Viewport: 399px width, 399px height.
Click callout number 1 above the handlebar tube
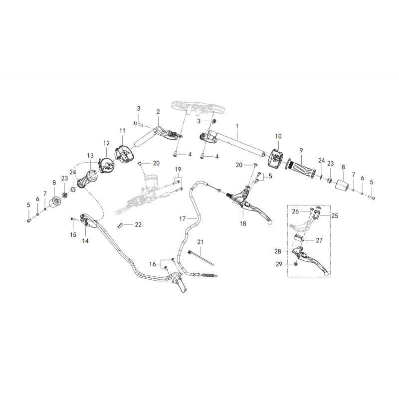pos(237,126)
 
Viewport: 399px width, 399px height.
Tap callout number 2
pos(158,112)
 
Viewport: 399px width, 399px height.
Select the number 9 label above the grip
pos(301,151)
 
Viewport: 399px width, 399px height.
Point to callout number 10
pos(278,136)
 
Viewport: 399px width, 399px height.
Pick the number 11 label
pos(122,131)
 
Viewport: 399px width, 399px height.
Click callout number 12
pos(106,143)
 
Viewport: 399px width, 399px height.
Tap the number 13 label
pos(90,156)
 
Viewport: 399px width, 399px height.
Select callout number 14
pos(85,240)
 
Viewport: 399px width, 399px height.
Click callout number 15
pos(73,234)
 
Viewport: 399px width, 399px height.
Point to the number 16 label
pos(153,264)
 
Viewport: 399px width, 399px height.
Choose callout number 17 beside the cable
pos(183,218)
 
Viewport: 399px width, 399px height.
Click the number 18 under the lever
pos(243,223)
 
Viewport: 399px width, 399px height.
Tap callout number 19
pos(178,169)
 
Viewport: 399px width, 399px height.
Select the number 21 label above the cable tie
pos(200,242)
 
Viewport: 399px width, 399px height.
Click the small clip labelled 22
pos(120,225)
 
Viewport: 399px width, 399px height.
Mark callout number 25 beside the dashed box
pos(335,215)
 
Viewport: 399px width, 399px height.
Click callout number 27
pos(319,240)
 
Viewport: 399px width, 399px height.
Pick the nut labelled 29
pos(296,264)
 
